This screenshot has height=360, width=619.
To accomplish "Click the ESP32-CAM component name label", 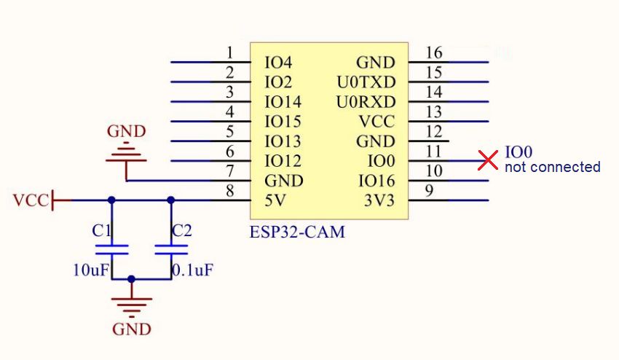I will click(x=297, y=233).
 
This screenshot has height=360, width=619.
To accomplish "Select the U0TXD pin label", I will click(x=366, y=82).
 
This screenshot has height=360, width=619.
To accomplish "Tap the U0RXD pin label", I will click(x=366, y=102).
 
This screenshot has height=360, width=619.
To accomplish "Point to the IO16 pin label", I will click(x=376, y=181).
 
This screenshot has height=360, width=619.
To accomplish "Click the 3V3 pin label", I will click(x=379, y=200).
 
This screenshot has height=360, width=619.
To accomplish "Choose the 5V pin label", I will click(x=275, y=200).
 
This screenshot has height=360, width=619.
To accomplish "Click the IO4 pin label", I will click(x=278, y=63).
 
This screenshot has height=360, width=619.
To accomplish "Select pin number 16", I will click(x=433, y=52).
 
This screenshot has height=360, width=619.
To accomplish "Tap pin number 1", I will click(x=230, y=52).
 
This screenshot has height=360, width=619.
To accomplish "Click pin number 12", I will click(x=433, y=132).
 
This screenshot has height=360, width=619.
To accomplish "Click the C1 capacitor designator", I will click(x=102, y=231).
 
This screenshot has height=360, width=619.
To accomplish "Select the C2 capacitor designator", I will click(x=182, y=231).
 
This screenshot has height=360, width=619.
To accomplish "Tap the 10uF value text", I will click(x=90, y=270).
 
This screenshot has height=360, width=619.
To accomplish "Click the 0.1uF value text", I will click(x=194, y=270).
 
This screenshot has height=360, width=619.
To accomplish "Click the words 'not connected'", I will click(x=553, y=167).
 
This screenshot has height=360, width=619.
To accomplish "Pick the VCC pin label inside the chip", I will click(x=377, y=122).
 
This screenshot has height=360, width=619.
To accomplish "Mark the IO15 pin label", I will click(x=283, y=122).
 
